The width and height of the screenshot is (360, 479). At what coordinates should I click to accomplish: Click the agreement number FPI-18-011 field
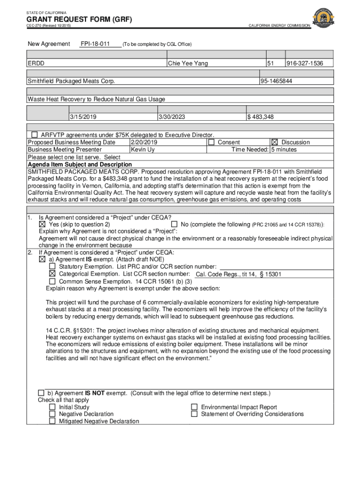(x=95, y=44)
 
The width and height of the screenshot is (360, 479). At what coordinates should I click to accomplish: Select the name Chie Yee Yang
(x=188, y=63)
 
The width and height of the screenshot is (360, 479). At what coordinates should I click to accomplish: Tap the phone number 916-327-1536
(x=303, y=63)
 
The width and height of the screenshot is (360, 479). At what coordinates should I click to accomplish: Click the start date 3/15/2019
(x=84, y=117)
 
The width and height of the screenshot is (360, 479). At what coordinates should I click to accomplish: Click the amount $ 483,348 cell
(x=261, y=117)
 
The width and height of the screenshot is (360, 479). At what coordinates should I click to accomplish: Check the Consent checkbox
(x=211, y=142)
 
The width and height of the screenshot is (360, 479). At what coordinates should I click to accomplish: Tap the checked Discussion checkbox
(x=274, y=142)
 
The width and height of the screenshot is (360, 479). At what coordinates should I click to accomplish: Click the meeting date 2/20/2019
(x=144, y=142)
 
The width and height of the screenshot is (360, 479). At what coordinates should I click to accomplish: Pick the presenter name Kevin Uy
(x=143, y=150)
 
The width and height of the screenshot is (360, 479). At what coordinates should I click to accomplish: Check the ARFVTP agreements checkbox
(x=35, y=135)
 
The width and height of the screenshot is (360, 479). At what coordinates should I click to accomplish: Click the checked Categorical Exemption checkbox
(x=52, y=274)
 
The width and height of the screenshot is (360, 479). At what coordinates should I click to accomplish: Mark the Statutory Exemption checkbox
(x=52, y=266)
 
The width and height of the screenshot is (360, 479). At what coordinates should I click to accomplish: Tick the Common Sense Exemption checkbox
(x=52, y=282)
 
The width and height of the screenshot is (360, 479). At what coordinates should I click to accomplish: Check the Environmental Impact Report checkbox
(x=194, y=407)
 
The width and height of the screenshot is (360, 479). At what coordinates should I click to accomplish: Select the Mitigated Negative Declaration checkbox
(x=52, y=421)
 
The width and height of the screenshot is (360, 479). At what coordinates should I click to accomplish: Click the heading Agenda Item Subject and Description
(x=79, y=165)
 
